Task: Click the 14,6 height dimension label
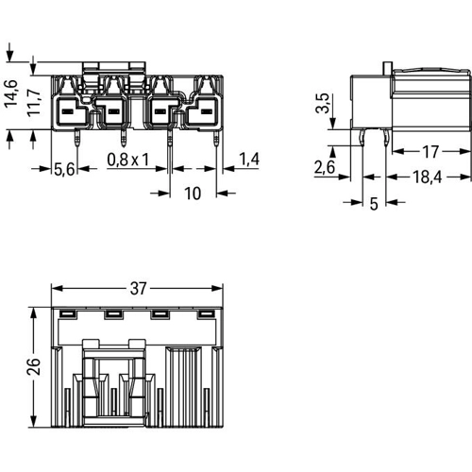(x=11, y=93)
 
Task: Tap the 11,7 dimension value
(x=34, y=103)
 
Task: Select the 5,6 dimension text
(x=64, y=169)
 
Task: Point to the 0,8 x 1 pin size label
(x=127, y=160)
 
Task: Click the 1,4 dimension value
(x=249, y=159)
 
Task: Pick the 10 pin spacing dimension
(x=193, y=194)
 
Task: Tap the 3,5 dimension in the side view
(x=323, y=103)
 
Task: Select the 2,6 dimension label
(x=325, y=167)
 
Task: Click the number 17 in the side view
(x=430, y=152)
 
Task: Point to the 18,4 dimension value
(x=427, y=177)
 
